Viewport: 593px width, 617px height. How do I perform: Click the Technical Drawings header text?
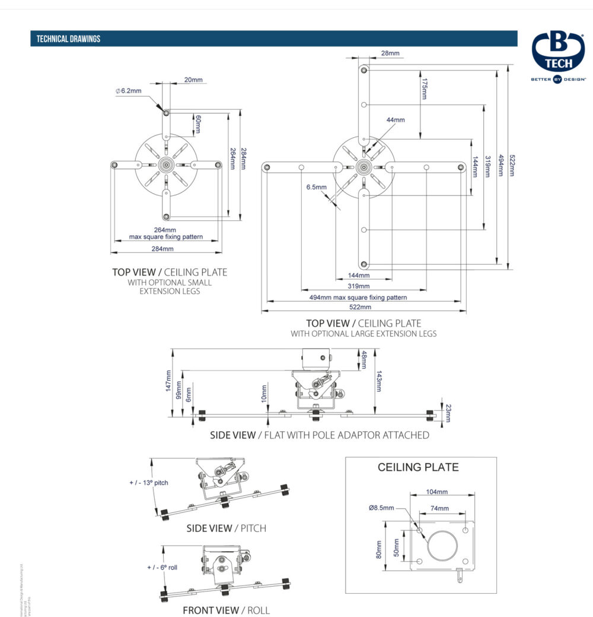pos(68,39)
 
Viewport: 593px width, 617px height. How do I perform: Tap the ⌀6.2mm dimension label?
pos(129,91)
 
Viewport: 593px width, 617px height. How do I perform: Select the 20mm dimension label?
pos(193,80)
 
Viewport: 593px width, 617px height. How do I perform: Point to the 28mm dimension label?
pos(390,53)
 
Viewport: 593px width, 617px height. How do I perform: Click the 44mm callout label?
pos(396,120)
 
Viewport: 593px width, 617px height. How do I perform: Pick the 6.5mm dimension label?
pos(316,187)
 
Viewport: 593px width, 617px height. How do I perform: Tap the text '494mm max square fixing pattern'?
pos(358,298)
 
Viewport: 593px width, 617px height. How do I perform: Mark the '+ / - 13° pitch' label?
pos(149,483)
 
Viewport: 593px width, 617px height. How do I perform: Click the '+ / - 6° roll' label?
pos(162,567)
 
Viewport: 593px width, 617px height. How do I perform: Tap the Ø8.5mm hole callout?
pos(381,508)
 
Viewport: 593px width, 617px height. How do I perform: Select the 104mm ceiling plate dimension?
pos(437,492)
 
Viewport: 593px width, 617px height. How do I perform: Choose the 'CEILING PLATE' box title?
pos(418,467)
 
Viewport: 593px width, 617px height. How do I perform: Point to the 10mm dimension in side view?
pos(264,392)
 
